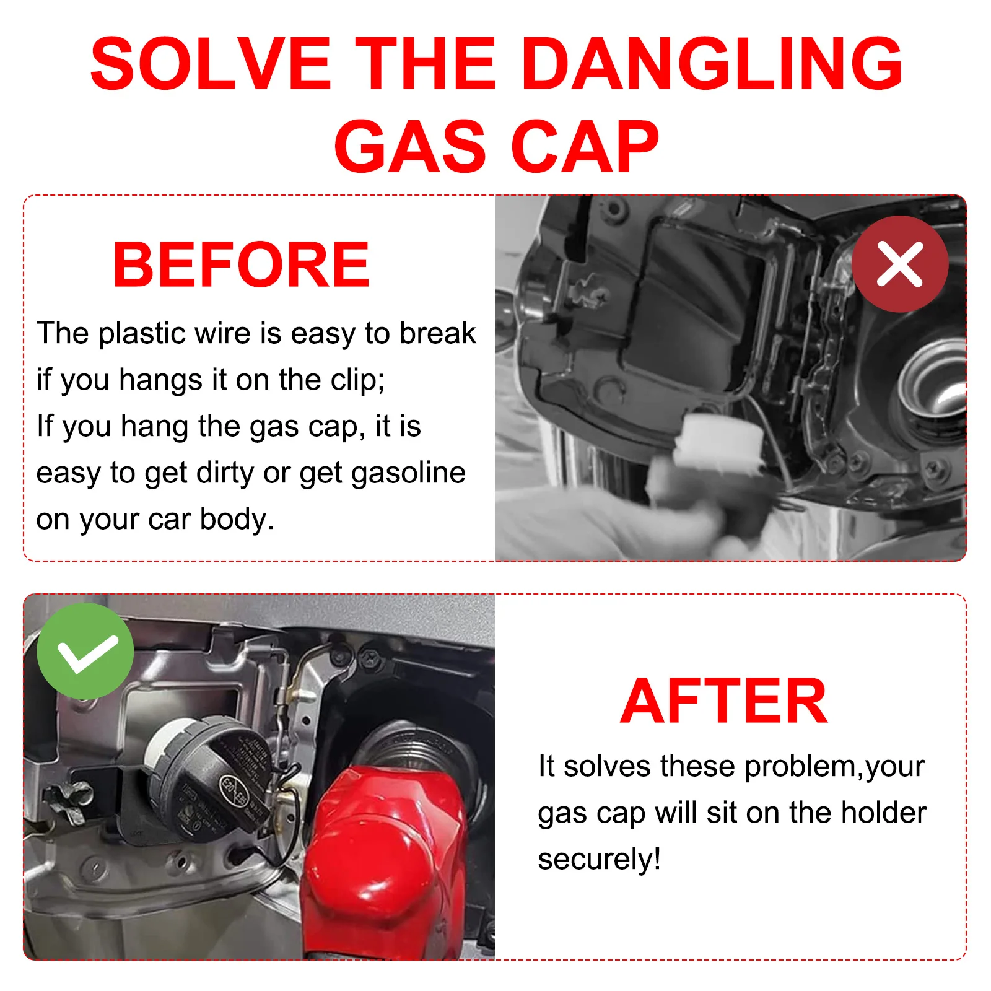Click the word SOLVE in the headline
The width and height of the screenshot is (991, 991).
(x=211, y=63)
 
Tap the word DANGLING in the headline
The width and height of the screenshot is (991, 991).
(x=713, y=63)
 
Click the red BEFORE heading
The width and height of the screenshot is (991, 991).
(x=241, y=265)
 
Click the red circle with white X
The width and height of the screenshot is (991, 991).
(x=900, y=264)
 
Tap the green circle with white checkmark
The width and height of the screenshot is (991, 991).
(x=85, y=652)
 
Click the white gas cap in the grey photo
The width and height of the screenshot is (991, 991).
(x=718, y=443)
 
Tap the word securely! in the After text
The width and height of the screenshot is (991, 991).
(x=599, y=859)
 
